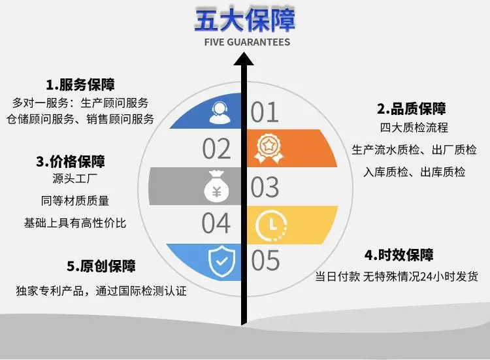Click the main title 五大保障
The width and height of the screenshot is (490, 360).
click(x=245, y=20)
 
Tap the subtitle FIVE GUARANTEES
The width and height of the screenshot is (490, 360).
click(x=247, y=42)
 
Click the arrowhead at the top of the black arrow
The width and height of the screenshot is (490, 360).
click(x=244, y=59)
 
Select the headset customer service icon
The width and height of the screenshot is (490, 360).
click(x=220, y=112)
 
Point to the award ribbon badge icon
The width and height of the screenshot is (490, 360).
click(x=269, y=148)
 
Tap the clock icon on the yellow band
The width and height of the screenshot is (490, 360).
click(x=271, y=225)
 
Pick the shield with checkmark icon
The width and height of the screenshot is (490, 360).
click(x=221, y=261)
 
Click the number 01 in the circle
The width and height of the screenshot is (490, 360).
click(x=265, y=112)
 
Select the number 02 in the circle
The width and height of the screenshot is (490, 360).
click(x=216, y=149)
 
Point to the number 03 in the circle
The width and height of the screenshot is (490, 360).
click(x=265, y=187)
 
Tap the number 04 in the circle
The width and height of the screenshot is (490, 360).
click(x=216, y=223)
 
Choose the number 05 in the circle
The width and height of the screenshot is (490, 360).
click(x=265, y=260)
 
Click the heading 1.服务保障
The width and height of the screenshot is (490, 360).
click(x=80, y=85)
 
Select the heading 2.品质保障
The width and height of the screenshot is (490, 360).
click(x=411, y=108)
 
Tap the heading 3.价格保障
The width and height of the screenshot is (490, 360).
click(x=71, y=161)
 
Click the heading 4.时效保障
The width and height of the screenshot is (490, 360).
click(x=399, y=255)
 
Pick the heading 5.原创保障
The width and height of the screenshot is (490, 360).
click(x=101, y=266)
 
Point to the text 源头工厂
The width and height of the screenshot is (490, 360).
click(x=75, y=178)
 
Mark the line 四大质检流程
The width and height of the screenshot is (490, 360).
click(x=414, y=127)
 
